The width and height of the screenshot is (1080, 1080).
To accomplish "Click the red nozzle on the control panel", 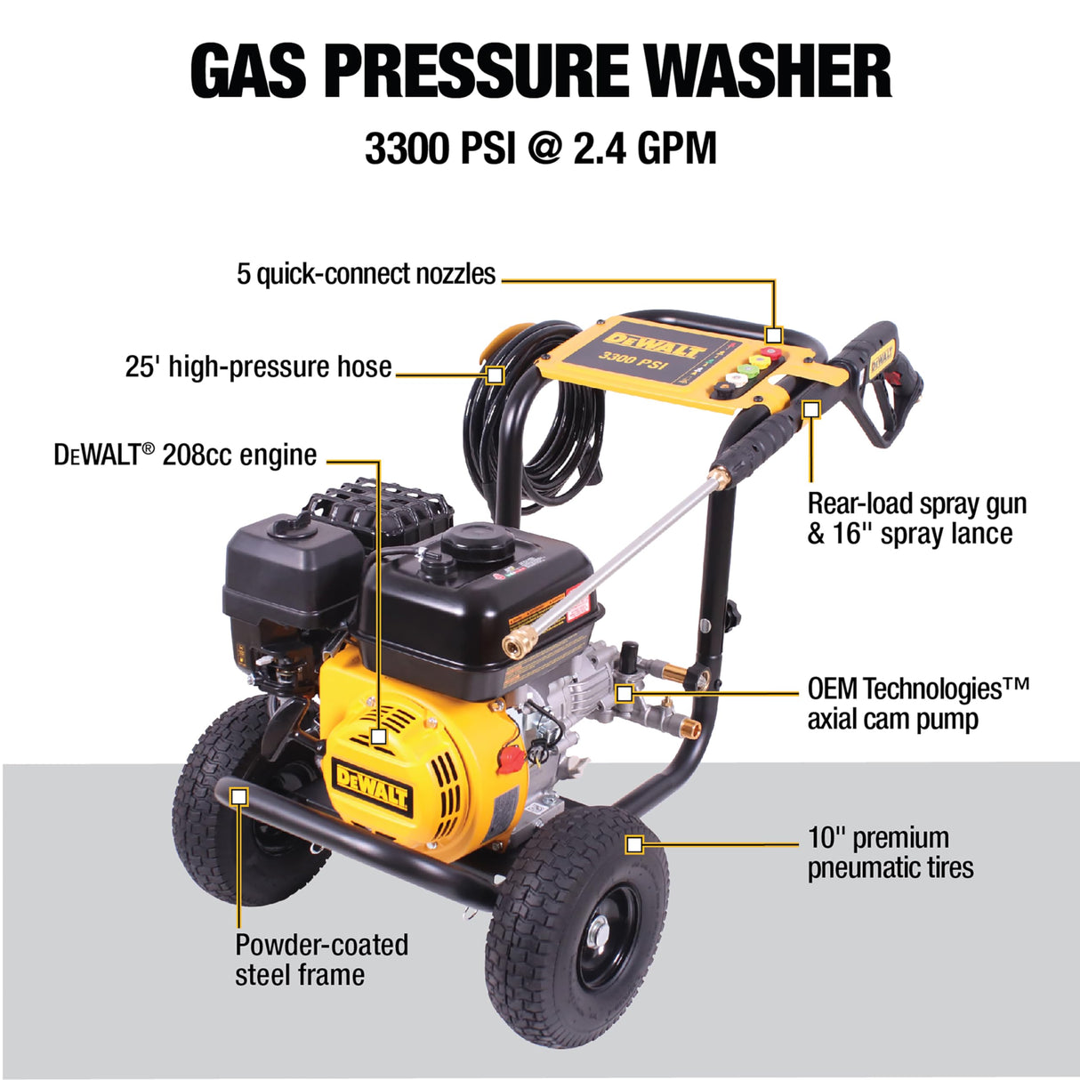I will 770,353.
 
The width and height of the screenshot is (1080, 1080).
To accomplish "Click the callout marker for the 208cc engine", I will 379,737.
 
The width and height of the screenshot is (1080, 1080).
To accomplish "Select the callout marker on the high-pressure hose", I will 495,375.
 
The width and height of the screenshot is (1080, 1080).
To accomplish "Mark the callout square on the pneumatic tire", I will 633,843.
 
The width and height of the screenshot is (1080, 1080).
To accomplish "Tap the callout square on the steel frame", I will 238,796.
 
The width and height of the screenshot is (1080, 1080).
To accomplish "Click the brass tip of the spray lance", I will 514,643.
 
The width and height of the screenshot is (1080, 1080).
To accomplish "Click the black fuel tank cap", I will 475,539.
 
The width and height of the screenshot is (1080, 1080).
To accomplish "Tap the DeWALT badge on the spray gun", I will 880,358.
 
